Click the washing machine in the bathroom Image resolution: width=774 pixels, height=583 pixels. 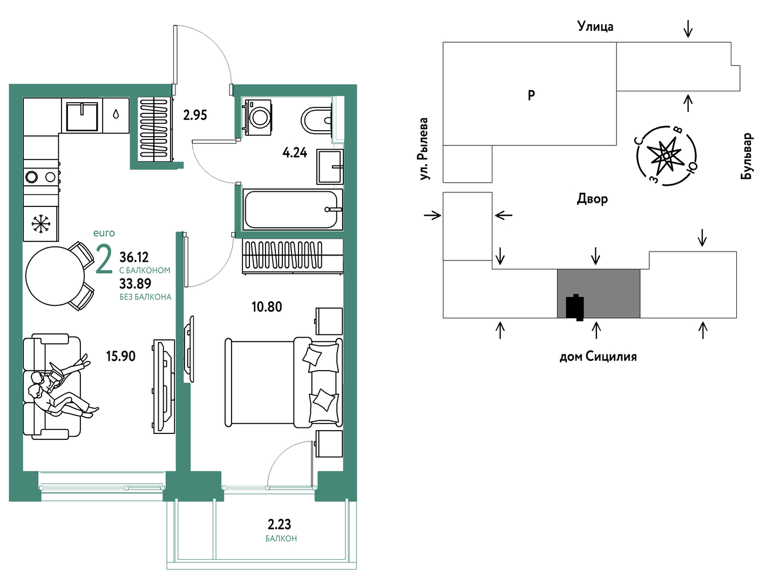tap(258, 117)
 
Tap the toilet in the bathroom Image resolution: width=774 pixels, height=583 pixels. tap(316, 120)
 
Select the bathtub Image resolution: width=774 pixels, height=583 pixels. tap(293, 210)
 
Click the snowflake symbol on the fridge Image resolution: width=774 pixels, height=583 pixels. tap(41, 224)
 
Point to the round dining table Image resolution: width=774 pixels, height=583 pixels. tap(55, 276)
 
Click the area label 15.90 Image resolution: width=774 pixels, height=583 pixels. tap(121, 356)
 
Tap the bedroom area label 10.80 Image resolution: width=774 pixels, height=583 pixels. tap(267, 307)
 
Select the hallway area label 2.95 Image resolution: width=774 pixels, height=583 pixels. tap(195, 115)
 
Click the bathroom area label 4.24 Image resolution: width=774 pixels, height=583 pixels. tap(295, 152)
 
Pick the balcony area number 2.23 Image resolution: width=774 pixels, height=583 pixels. tap(279, 525)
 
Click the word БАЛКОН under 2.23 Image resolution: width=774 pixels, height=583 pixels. tap(281, 539)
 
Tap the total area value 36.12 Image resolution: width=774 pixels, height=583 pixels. tap(134, 257)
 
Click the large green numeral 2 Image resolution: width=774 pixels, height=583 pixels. tap(104, 260)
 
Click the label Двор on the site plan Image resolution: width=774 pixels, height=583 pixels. tap(592, 199)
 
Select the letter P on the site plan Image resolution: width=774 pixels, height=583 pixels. tap(532, 95)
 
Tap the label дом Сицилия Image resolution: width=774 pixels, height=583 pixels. tap(598, 357)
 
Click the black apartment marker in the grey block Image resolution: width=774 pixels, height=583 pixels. tap(575, 307)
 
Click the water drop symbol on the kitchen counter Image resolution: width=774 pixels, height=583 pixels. tap(116, 114)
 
